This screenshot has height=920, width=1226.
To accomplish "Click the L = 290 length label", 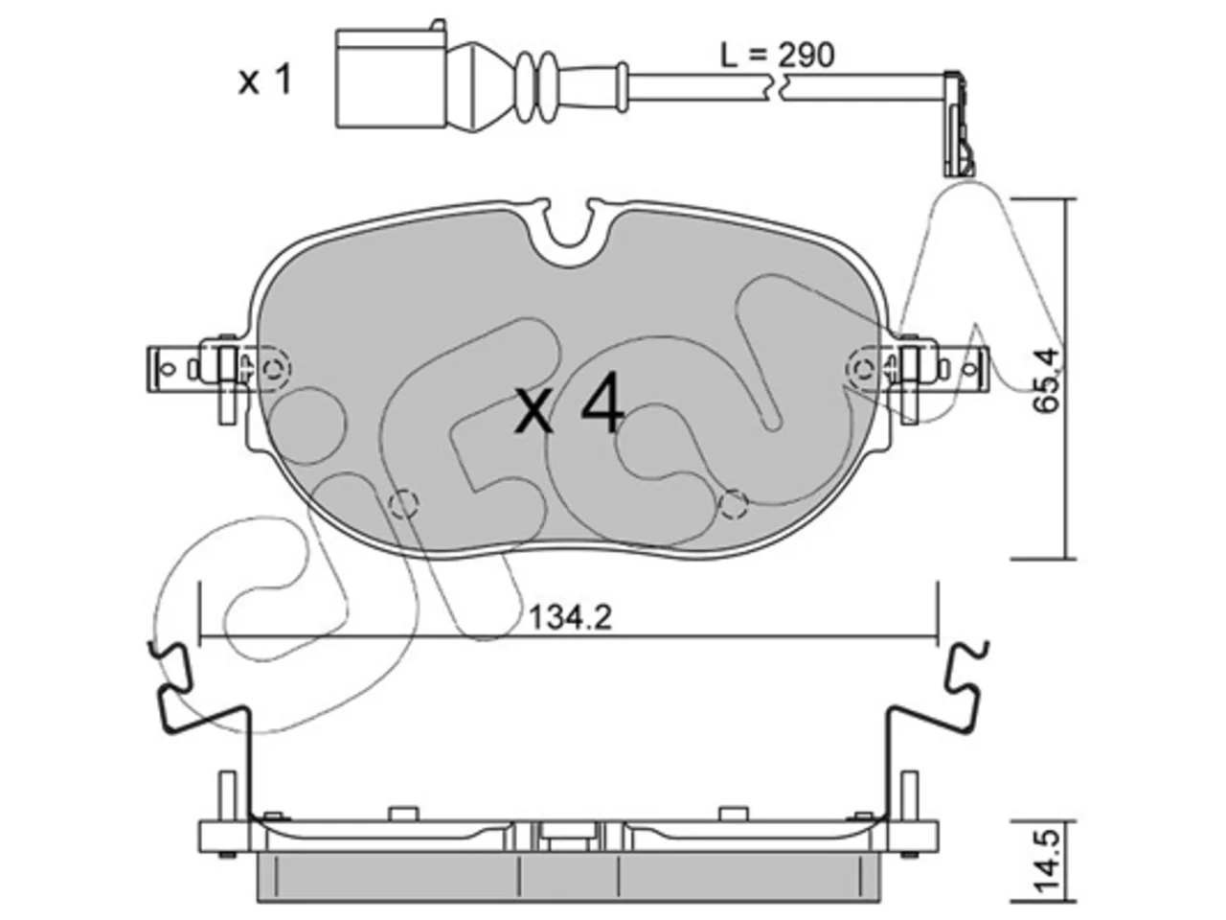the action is (x=777, y=56).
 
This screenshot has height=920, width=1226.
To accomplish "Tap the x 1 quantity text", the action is (x=264, y=80).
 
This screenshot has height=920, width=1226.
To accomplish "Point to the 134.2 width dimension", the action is (x=570, y=618).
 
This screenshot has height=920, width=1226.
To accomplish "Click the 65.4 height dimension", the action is (x=1045, y=380).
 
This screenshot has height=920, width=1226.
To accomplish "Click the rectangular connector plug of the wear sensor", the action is (x=392, y=79).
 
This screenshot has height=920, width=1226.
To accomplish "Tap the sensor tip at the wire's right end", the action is (x=959, y=124).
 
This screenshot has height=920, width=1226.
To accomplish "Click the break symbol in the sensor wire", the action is (x=777, y=89).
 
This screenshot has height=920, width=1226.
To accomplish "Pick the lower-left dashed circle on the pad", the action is (x=403, y=504).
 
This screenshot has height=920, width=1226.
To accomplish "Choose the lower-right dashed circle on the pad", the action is (x=733, y=504).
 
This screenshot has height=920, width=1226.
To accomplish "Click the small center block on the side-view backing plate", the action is (x=569, y=837).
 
